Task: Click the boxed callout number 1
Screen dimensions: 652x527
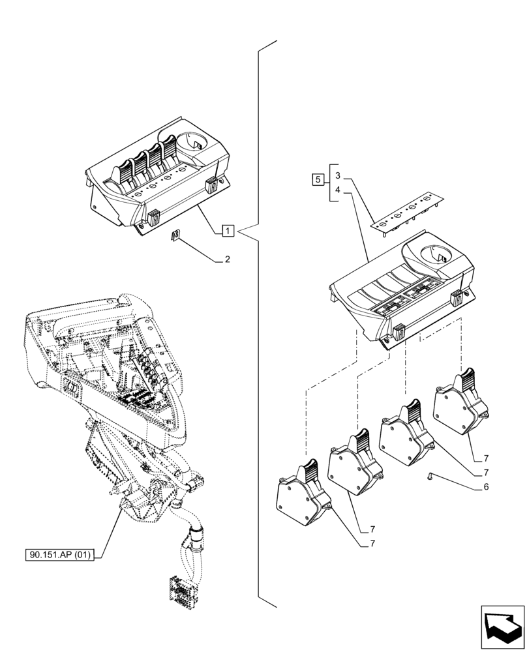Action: [227, 230]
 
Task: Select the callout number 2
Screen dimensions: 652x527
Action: [227, 259]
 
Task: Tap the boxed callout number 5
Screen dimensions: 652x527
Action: [318, 179]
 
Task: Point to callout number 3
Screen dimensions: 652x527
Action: [337, 175]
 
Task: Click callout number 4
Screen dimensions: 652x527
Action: [337, 190]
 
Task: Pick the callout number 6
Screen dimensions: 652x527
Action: [485, 487]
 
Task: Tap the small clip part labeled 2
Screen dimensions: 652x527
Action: [175, 235]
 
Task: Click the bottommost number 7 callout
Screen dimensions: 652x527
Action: [372, 542]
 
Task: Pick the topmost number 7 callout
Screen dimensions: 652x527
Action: [487, 458]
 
